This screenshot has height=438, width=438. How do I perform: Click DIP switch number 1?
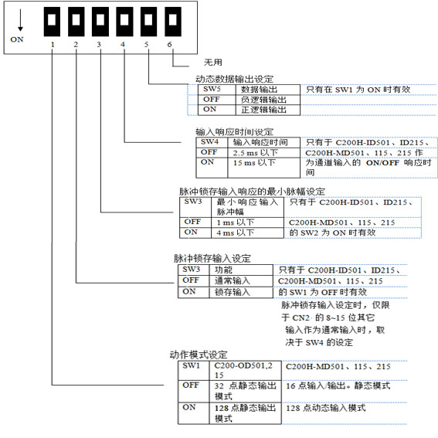[52, 22]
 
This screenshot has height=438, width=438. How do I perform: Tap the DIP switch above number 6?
[173, 22]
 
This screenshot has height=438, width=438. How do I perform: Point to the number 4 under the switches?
[123, 44]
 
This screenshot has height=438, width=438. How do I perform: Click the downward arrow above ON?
[20, 19]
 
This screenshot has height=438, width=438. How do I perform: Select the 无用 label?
[213, 63]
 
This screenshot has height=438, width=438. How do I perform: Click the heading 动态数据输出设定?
[234, 79]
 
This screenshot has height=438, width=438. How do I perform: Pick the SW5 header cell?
[216, 90]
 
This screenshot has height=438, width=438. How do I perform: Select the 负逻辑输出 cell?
[267, 100]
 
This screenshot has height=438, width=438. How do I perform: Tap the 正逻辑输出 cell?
[267, 110]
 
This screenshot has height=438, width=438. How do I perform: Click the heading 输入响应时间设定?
[234, 132]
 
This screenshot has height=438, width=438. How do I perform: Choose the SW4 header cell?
[212, 142]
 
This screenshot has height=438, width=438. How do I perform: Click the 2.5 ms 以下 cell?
[264, 153]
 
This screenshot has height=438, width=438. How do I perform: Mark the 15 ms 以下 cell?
[264, 168]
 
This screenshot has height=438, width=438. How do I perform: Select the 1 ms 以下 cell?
[247, 222]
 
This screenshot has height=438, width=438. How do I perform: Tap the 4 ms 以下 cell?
[247, 233]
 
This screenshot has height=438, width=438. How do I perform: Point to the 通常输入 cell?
[241, 280]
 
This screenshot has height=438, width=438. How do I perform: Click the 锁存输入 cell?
[241, 292]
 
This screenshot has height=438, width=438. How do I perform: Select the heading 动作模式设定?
[199, 355]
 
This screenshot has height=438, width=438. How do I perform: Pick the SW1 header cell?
[194, 370]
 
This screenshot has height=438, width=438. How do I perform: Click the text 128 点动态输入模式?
[326, 408]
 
